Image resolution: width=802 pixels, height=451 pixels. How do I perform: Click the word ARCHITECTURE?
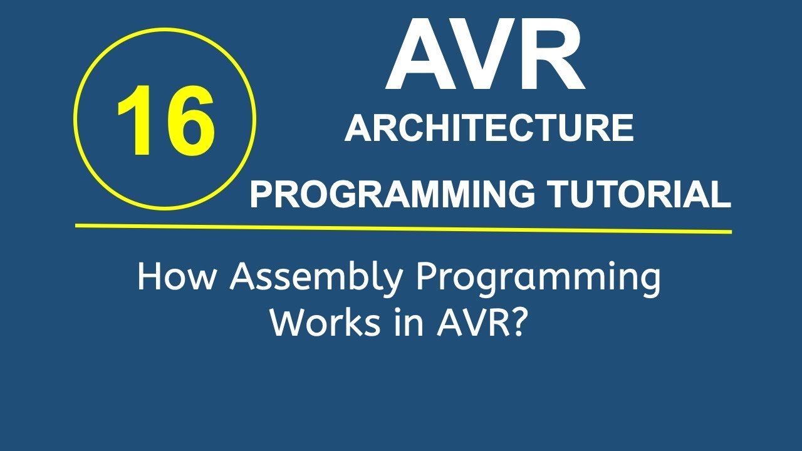489,128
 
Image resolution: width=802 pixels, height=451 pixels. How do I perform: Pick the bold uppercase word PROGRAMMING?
392,195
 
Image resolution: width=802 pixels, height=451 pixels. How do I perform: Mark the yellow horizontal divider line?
404,228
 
